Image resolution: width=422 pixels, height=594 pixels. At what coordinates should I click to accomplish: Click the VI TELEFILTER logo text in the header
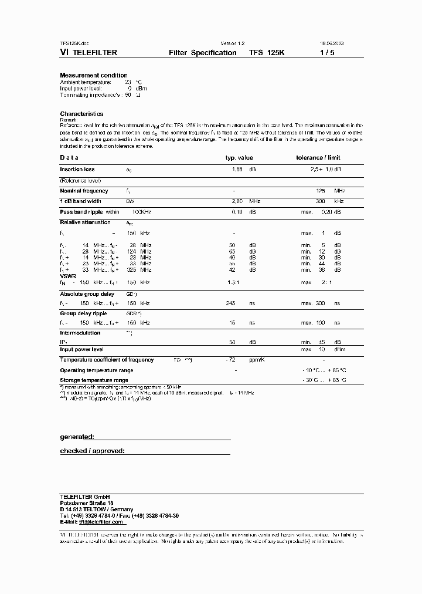(89, 53)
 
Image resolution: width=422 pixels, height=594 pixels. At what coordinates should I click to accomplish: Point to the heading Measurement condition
(94, 75)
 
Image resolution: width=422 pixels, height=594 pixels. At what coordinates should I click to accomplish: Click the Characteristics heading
(81, 114)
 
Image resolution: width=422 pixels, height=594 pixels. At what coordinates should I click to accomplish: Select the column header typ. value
(239, 158)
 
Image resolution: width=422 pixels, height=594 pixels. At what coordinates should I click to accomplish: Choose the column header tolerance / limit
(318, 158)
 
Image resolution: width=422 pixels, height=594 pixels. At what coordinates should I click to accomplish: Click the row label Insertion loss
(77, 169)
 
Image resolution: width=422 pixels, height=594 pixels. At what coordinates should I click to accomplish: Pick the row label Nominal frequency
(84, 191)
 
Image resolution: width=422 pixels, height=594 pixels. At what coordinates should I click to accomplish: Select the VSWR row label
(68, 275)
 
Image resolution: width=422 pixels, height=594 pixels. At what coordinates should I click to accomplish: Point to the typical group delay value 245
(230, 303)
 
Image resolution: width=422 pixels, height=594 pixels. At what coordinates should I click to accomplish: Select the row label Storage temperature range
(94, 380)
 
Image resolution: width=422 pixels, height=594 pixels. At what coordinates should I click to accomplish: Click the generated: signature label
(77, 437)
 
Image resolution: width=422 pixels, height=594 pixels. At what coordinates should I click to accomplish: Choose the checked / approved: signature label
(92, 451)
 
